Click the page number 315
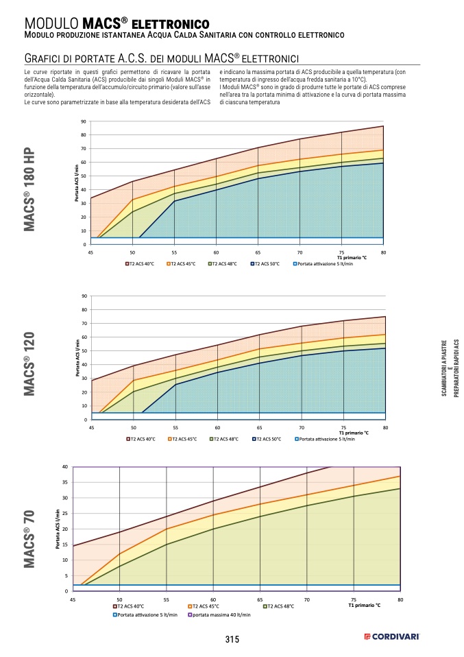click(232, 639)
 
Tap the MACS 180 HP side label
click(29, 189)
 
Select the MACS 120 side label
click(29, 365)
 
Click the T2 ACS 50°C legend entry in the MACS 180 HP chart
click(265, 263)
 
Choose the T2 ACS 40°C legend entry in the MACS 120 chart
click(141, 439)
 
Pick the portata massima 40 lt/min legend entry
click(219, 615)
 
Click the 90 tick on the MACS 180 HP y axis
click(84, 121)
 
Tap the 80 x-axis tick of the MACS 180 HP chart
click(383, 252)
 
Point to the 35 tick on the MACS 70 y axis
click(65, 482)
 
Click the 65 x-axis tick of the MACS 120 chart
click(259, 427)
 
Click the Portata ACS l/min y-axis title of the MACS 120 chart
click(77, 359)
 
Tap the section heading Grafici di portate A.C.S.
click(158, 58)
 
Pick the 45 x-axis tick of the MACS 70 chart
click(73, 599)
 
